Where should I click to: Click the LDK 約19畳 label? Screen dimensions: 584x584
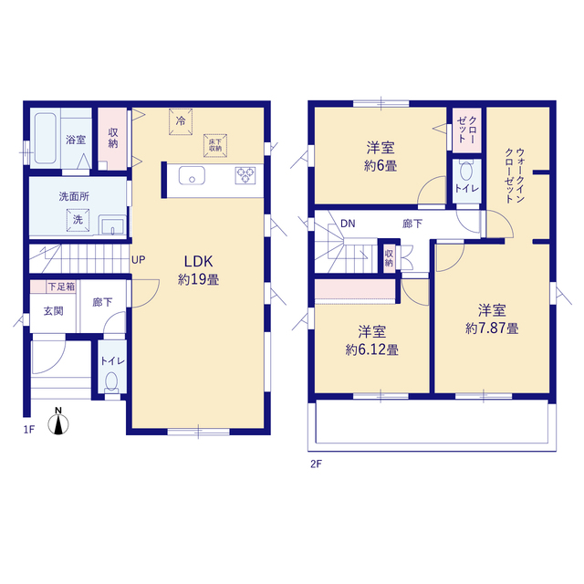199,270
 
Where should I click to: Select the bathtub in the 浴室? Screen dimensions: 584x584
46,138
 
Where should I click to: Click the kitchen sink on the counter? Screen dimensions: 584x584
192,175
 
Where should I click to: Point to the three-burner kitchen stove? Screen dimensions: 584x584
245,175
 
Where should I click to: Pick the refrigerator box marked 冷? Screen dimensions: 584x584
181,121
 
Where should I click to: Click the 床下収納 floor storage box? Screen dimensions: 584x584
215,145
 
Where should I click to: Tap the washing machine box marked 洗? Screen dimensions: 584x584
78,220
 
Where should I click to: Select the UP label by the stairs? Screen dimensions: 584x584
138,260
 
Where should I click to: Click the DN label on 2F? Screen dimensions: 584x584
348,224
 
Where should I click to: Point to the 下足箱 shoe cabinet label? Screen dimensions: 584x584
61,287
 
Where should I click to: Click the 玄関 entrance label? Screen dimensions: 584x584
53,310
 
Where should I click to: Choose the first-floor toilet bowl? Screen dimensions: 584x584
111,382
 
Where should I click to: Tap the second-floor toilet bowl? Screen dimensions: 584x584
466,171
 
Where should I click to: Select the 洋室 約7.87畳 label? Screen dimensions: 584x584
492,319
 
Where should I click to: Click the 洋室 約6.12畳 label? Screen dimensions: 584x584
371,340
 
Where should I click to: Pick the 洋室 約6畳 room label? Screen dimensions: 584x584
381,157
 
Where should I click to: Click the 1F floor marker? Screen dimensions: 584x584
29,430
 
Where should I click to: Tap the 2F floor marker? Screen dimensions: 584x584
317,464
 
